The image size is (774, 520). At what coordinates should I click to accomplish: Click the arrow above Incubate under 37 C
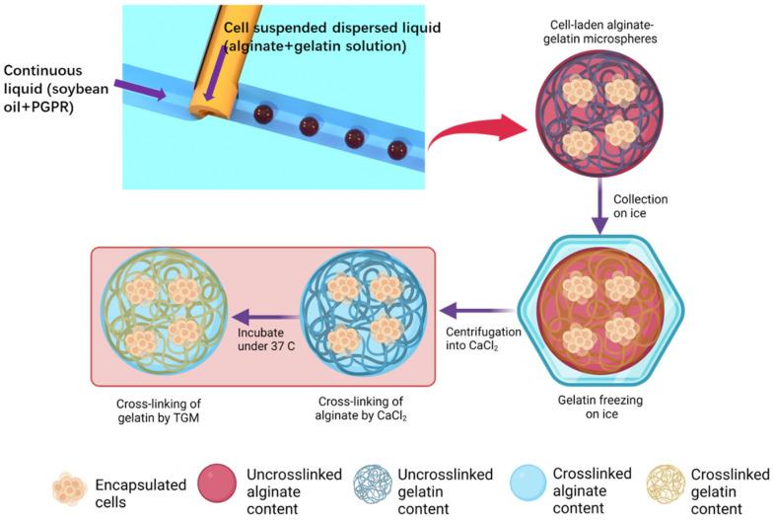(266, 319)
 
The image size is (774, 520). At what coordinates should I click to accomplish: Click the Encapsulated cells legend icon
(69, 486)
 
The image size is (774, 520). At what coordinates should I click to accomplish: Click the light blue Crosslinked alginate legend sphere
(537, 486)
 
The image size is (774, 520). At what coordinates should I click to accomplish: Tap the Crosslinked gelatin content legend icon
(666, 486)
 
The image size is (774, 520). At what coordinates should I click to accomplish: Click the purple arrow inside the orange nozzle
(213, 74)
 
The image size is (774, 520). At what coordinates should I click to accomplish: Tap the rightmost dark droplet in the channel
(397, 150)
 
